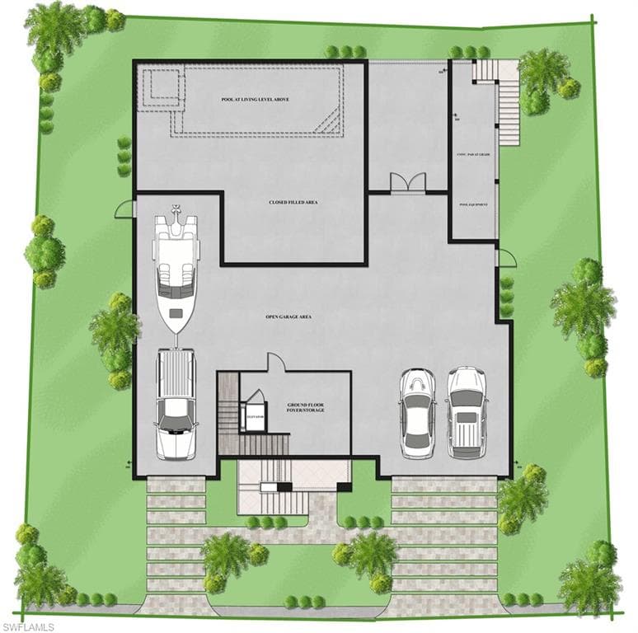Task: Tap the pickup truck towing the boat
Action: (176, 402)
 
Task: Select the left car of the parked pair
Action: (417, 412)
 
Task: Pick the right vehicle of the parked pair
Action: (467, 412)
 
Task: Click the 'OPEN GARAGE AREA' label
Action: (288, 316)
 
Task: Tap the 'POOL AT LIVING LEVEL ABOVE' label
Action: (255, 100)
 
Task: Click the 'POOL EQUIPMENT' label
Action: (473, 204)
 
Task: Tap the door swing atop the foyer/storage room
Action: (275, 363)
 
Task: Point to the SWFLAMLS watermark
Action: (28, 626)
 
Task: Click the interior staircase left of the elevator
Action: (229, 416)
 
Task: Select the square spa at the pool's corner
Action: (161, 88)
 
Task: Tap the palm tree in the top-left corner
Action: (54, 29)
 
